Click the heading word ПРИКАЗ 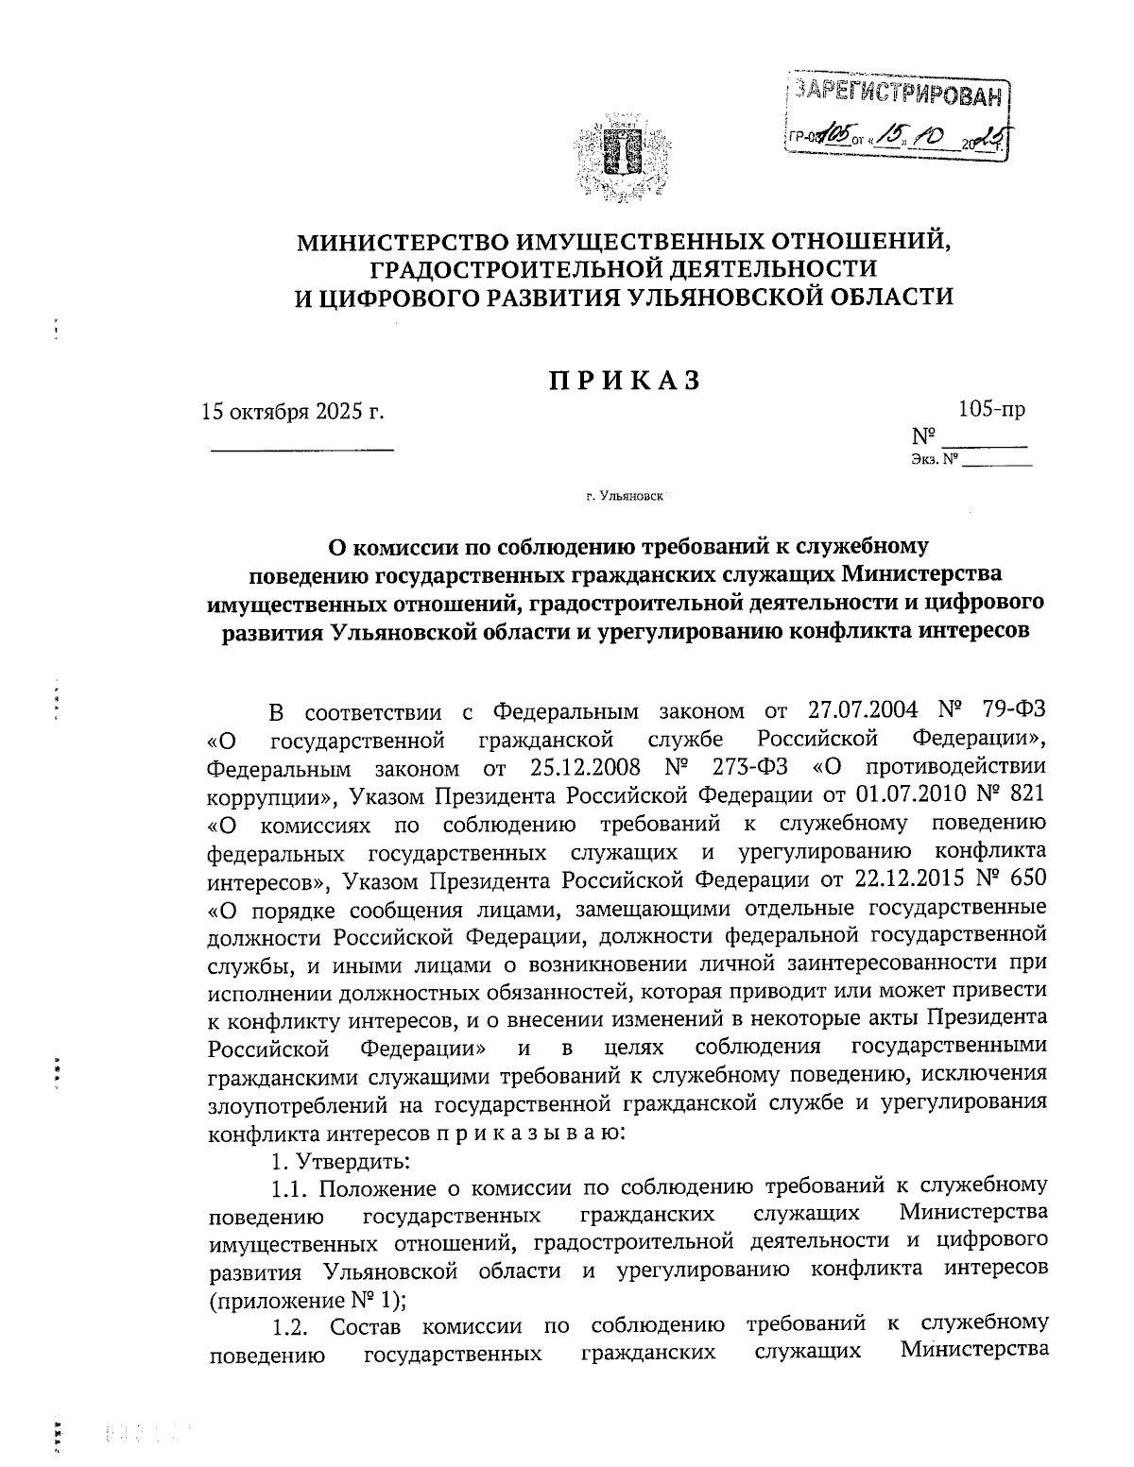point(625,380)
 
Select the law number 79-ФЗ point(1012,710)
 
